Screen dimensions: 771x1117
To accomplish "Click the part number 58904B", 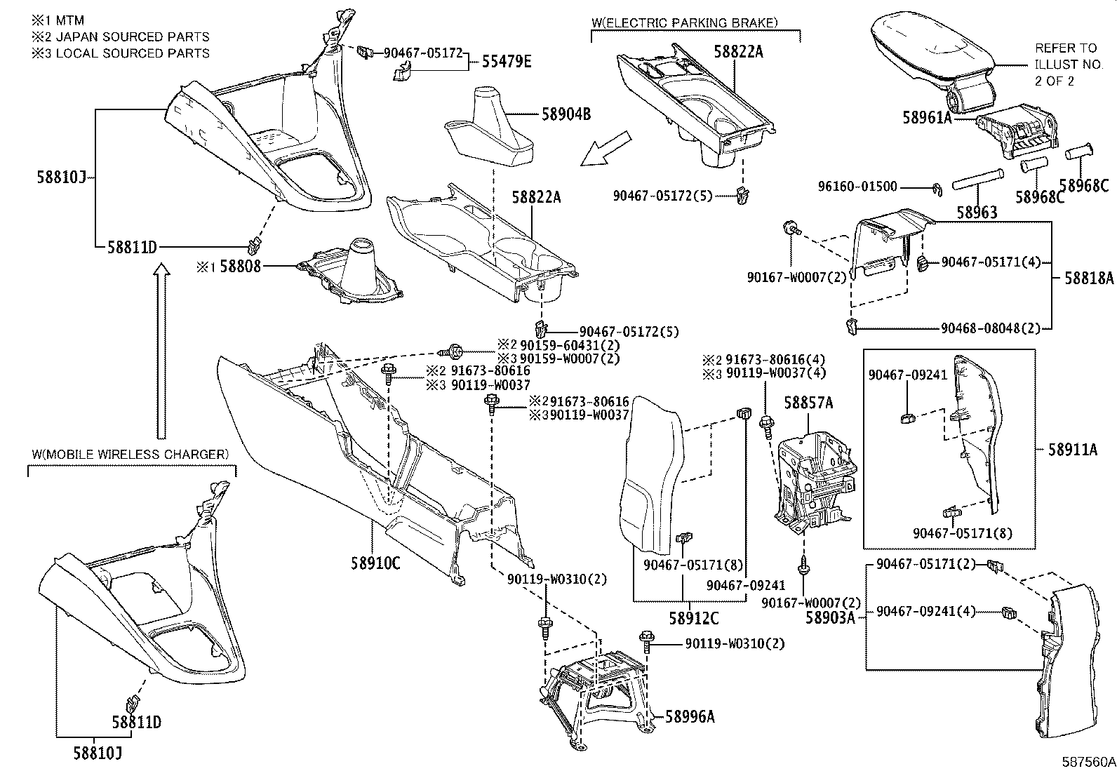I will tap(566, 114).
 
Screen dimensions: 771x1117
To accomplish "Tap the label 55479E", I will tap(506, 62).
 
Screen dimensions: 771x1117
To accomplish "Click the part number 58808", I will tap(240, 267).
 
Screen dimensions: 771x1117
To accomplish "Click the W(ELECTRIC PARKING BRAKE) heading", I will tap(684, 23).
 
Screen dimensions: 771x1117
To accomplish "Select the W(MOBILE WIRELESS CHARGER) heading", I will tap(130, 455).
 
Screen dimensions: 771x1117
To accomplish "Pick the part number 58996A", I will tap(690, 716).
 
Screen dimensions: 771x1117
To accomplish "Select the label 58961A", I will tap(927, 117).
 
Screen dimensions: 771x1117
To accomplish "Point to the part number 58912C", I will tap(693, 619).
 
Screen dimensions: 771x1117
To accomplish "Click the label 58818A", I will tap(1088, 278).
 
